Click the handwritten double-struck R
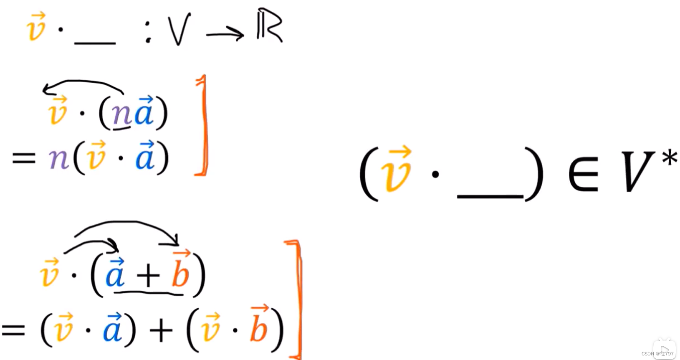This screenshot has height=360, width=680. [269, 26]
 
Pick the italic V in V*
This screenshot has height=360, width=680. [637, 171]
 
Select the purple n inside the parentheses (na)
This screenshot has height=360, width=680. [121, 114]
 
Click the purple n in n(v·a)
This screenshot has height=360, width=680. [58, 159]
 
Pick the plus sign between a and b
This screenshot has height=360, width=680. [148, 276]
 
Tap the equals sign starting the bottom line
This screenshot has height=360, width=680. [13, 330]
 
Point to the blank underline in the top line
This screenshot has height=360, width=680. [95, 42]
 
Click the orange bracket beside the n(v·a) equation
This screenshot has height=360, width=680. [203, 125]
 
